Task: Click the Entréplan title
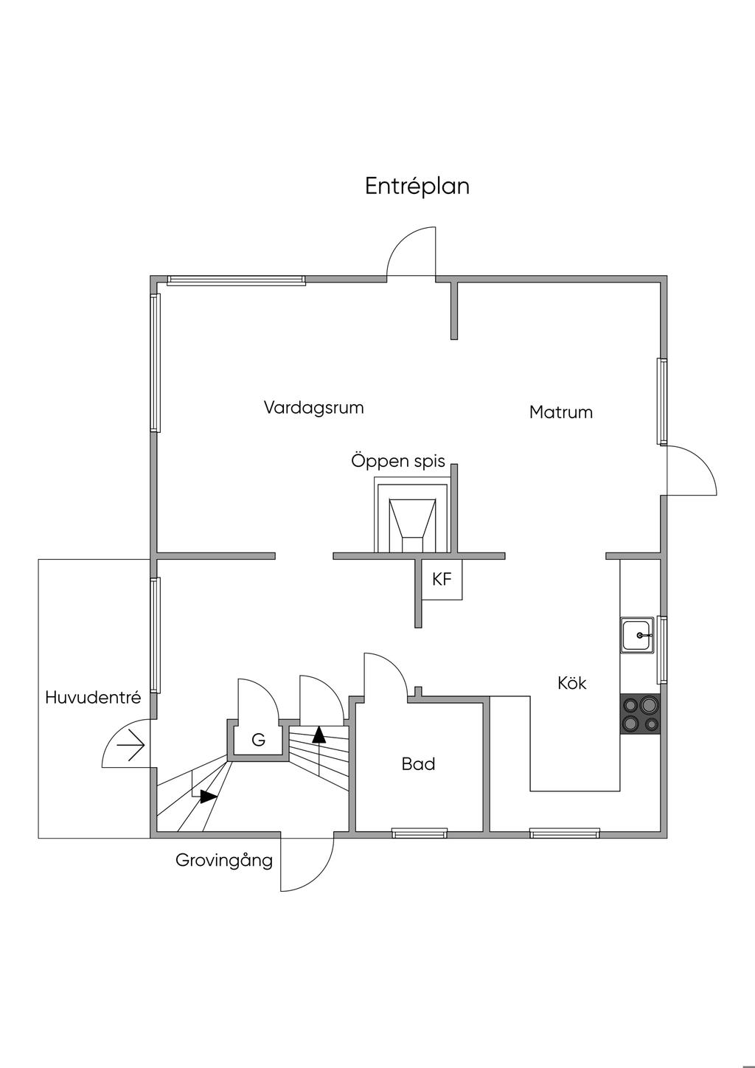coord(417,187)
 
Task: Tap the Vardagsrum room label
coord(313,408)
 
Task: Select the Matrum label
coord(560,412)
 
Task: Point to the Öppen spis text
coord(398,462)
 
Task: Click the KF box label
coord(442,580)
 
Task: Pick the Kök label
coord(572,684)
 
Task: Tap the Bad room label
coord(418,764)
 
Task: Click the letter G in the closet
coord(258,740)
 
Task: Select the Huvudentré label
coord(93,698)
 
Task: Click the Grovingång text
coord(224,860)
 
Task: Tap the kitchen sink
coord(637,635)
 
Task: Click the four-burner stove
coord(640,714)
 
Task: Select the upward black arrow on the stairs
coord(319,734)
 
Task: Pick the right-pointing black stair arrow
coord(209,797)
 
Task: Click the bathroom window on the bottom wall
coord(419,833)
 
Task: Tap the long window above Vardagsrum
coord(236,280)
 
